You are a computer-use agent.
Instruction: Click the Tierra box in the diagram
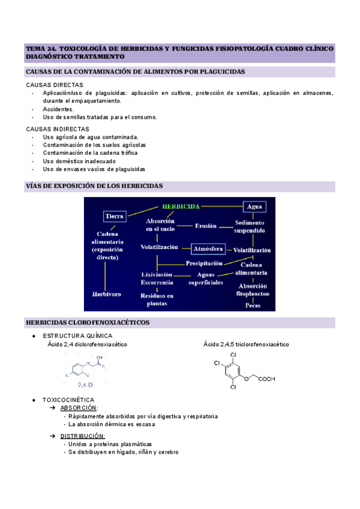pos(114,215)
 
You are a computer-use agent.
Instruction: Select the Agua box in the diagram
pos(254,206)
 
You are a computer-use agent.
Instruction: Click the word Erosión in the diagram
pos(206,226)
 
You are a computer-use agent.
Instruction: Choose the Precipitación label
pos(204,263)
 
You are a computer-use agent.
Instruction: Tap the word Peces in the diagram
pos(253,305)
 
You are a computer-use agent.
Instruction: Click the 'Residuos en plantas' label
pos(157,300)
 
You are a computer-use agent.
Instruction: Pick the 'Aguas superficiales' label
pos(206,278)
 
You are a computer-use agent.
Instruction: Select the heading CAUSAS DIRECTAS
pos(51,85)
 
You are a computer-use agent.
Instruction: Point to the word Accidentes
pos(58,109)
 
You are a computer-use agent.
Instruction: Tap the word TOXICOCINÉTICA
pos(68,400)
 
